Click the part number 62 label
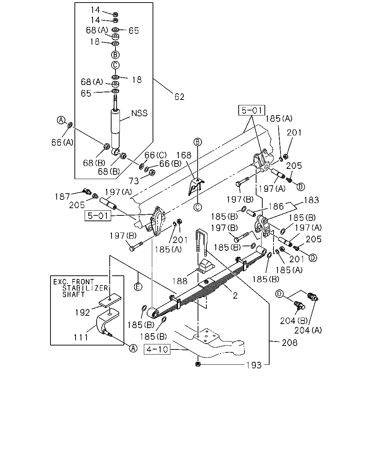(179, 97)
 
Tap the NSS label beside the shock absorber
(139, 113)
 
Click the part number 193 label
(254, 365)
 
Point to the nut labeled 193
(198, 364)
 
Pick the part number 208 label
(290, 343)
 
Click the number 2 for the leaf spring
(235, 295)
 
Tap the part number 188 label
(179, 281)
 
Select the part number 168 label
(184, 155)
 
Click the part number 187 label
(62, 197)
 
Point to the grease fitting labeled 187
(87, 191)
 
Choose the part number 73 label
(134, 181)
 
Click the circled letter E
(138, 287)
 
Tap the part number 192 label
(82, 312)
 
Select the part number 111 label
(81, 337)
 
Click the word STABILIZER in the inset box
(85, 288)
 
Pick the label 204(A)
(308, 330)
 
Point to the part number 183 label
(311, 200)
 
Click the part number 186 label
(276, 206)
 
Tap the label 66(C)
(155, 155)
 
